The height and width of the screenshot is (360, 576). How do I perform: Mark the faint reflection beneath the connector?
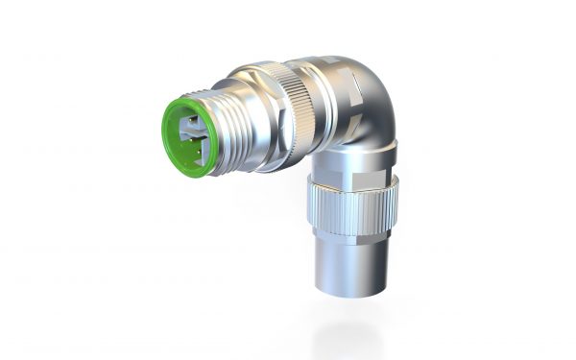(346, 331)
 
